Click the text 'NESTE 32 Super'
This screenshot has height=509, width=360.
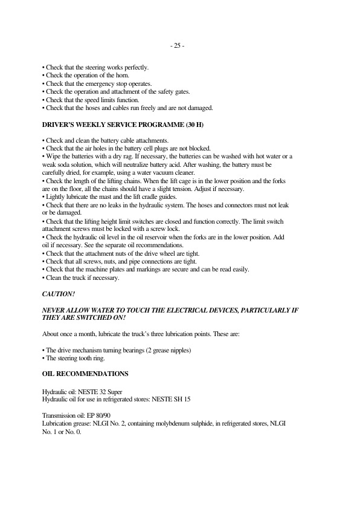pyautogui.click(x=101, y=392)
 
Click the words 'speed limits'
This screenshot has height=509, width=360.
pyautogui.click(x=101, y=100)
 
